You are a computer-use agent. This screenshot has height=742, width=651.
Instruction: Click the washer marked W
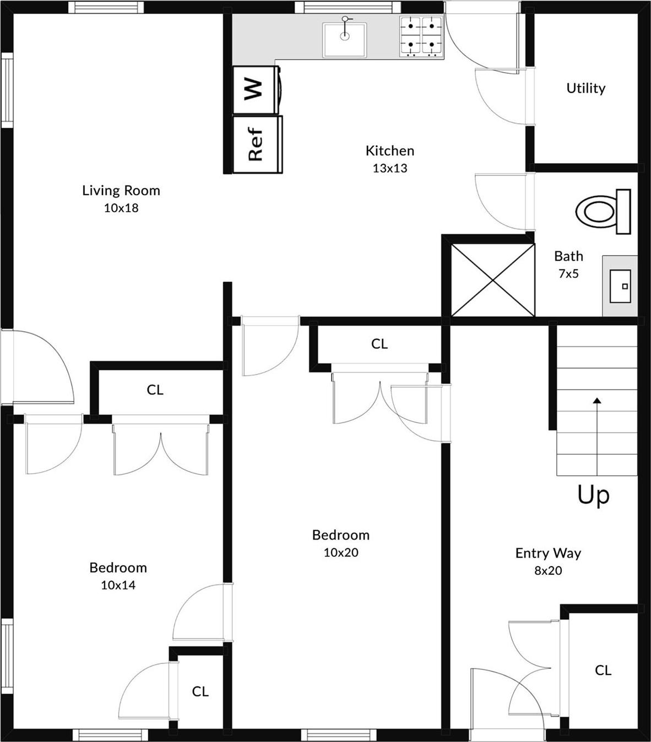[x=254, y=89]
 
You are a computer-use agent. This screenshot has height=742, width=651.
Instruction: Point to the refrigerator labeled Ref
[x=256, y=144]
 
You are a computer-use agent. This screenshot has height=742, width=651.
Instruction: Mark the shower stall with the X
[x=492, y=280]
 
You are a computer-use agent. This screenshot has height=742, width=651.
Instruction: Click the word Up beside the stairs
[x=593, y=495]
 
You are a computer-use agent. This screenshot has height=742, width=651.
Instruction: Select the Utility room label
[x=585, y=88]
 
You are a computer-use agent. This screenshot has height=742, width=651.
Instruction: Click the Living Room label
[x=121, y=190]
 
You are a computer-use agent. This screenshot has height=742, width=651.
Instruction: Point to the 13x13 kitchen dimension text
[x=389, y=168]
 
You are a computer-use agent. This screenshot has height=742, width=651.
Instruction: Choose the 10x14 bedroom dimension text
[x=118, y=585]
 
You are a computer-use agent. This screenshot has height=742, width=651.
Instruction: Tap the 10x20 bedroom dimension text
[x=340, y=552]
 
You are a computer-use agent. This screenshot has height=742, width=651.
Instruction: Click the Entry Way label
[x=548, y=553]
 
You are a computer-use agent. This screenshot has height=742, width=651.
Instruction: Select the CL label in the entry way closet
[x=603, y=670]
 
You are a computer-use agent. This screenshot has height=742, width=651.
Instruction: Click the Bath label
[x=568, y=256]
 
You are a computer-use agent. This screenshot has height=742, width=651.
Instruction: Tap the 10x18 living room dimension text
[x=121, y=208]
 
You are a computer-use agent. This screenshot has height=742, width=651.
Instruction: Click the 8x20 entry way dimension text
[x=548, y=570]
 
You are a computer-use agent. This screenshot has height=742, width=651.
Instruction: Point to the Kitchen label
[x=389, y=150]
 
